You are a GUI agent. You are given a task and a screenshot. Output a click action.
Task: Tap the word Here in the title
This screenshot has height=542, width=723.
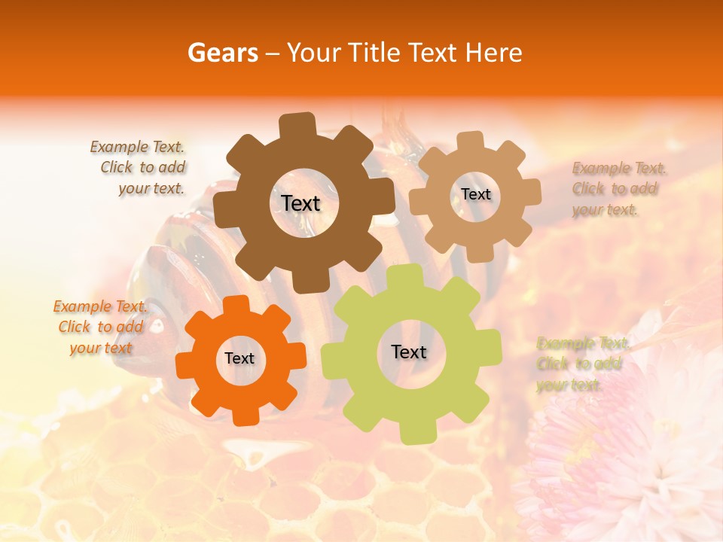[x=493, y=53]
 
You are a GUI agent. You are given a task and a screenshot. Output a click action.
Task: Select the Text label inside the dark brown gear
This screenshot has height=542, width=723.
[x=300, y=203]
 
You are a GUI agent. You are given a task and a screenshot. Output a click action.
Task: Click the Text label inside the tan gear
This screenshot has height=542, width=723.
[x=475, y=194]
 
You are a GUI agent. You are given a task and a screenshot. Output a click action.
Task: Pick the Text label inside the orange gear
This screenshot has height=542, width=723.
[x=239, y=358]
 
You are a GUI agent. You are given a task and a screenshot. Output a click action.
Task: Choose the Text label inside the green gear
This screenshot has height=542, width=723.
[x=409, y=352]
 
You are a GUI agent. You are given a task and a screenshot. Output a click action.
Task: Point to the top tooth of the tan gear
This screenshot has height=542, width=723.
[x=471, y=142]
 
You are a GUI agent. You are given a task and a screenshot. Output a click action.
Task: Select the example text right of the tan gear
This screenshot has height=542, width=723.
[x=616, y=189]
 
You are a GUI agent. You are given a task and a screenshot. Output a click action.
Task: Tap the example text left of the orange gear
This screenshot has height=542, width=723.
[x=101, y=327]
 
